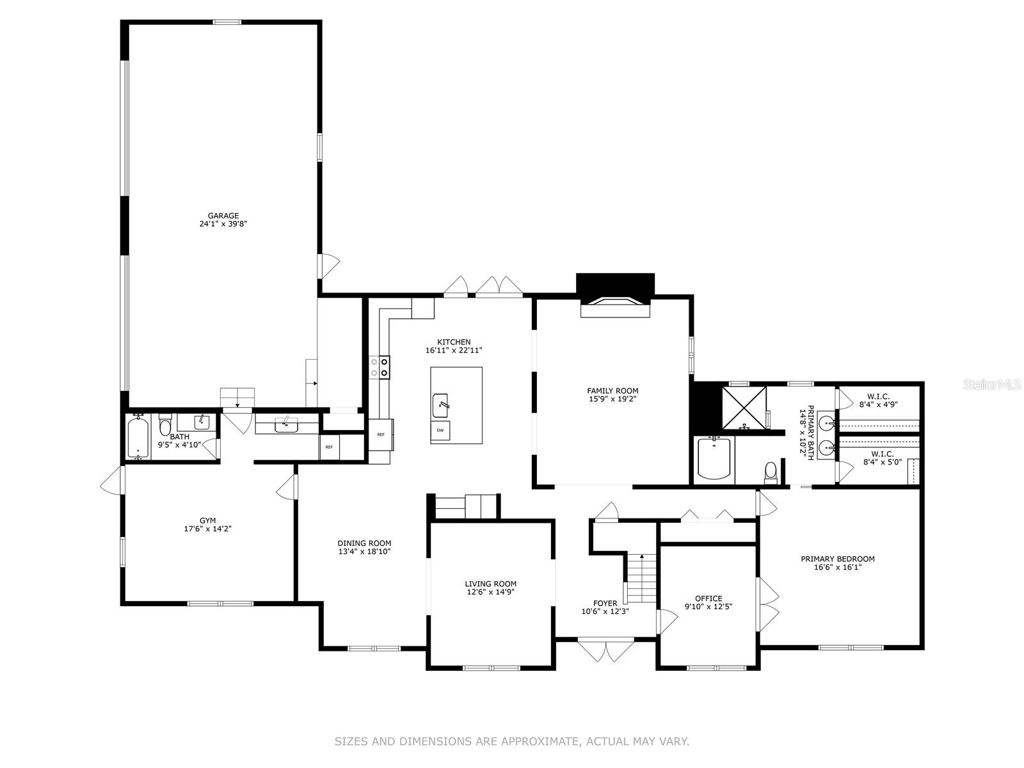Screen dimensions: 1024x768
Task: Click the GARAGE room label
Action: pyautogui.click(x=223, y=216)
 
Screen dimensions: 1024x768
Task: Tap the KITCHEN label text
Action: pyautogui.click(x=454, y=342)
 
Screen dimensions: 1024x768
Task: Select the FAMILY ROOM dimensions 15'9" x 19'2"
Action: pyautogui.click(x=612, y=399)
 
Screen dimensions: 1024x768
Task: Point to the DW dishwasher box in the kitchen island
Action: pyautogui.click(x=440, y=430)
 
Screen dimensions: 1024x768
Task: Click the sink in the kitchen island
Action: pyautogui.click(x=440, y=406)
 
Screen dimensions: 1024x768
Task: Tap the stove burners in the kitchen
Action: pyautogui.click(x=380, y=367)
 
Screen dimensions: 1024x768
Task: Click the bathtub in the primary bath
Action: pyautogui.click(x=714, y=458)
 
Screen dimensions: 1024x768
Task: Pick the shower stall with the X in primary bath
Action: pyautogui.click(x=744, y=408)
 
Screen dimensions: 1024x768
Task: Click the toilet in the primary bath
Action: pyautogui.click(x=771, y=472)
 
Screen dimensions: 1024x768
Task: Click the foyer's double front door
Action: pyautogui.click(x=605, y=650)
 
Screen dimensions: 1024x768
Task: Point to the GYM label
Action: pyautogui.click(x=207, y=520)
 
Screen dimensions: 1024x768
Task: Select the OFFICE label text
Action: pyautogui.click(x=708, y=598)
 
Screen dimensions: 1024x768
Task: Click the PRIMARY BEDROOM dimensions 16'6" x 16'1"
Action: pyautogui.click(x=837, y=567)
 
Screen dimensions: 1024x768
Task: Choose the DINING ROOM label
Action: pyautogui.click(x=364, y=543)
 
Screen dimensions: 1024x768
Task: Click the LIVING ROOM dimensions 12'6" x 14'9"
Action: pyautogui.click(x=490, y=592)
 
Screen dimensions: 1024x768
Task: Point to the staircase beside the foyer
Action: pyautogui.click(x=641, y=578)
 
